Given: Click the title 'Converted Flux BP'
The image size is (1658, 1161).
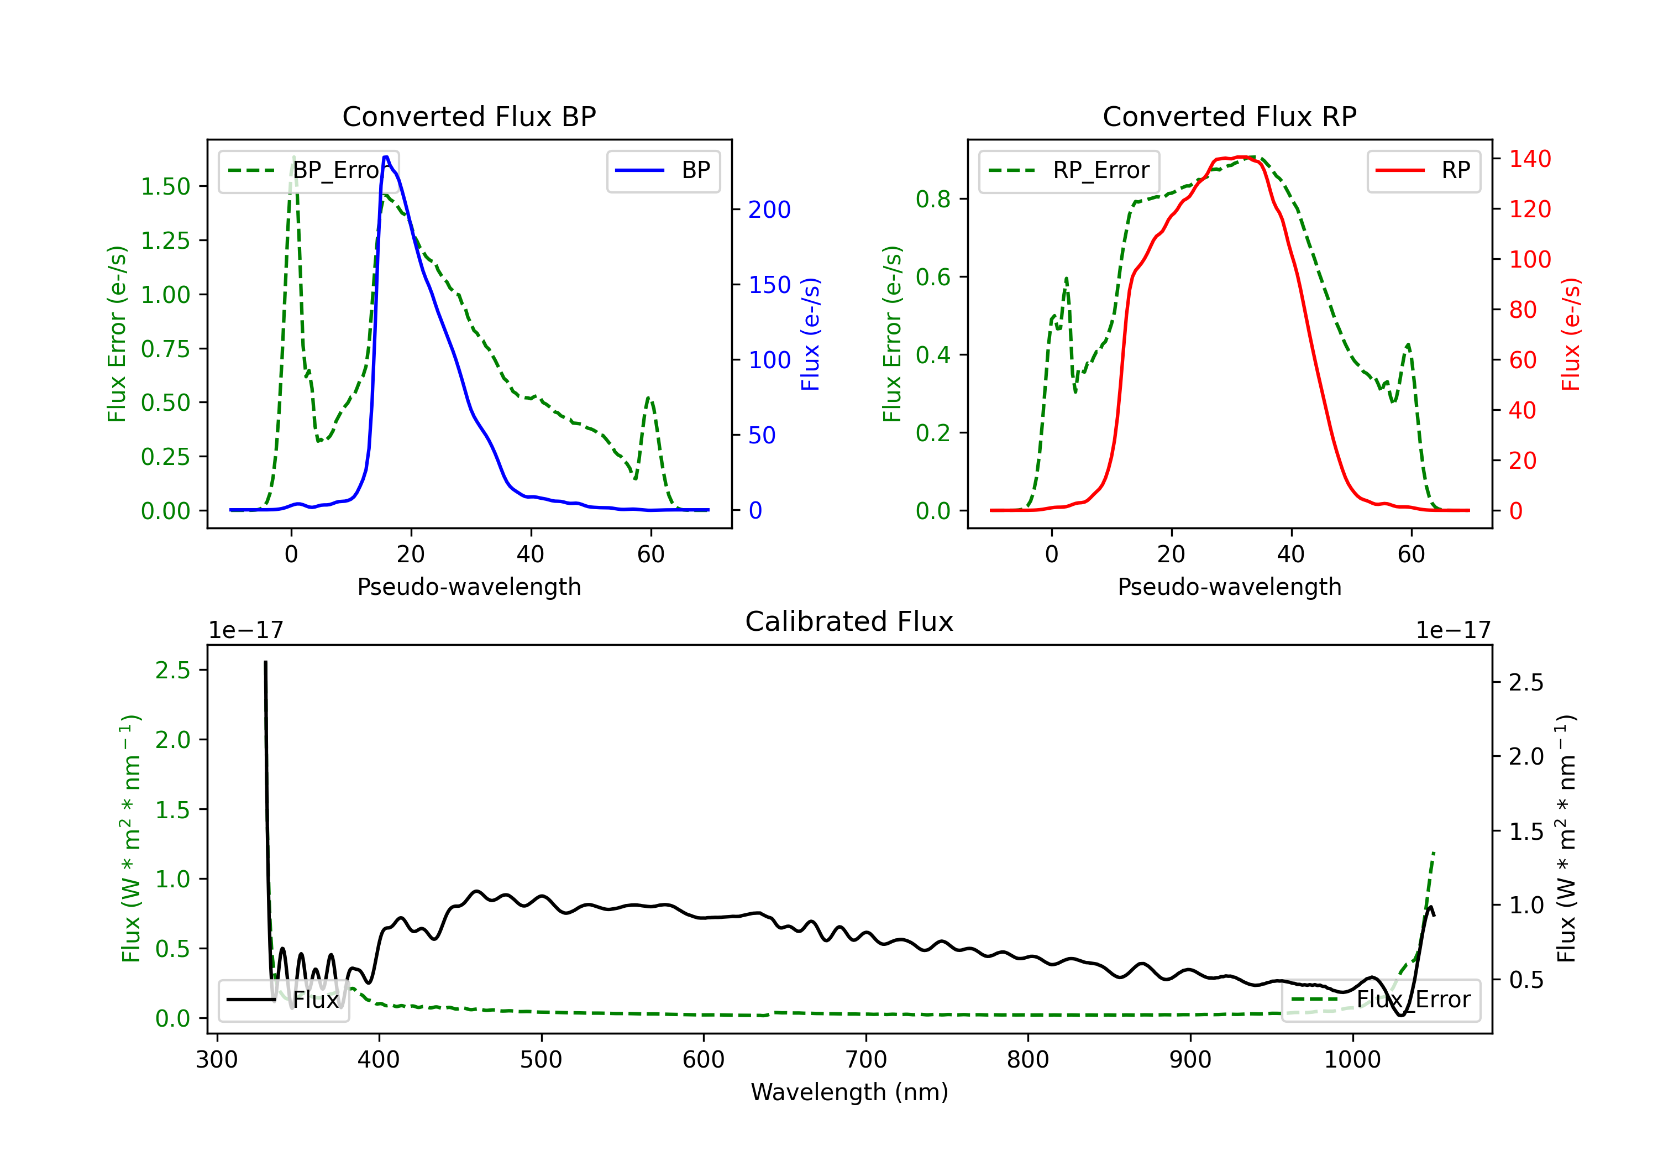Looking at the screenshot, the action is coord(469,116).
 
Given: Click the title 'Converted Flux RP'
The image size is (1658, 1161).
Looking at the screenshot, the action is coord(1229,116).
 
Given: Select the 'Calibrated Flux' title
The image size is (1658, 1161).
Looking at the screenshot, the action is coord(849,621).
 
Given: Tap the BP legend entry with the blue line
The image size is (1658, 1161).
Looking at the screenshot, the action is coord(663,170).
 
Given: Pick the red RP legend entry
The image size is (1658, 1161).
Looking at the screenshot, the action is coord(1423,170).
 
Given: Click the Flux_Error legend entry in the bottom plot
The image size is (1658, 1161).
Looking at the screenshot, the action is coord(1381,1000).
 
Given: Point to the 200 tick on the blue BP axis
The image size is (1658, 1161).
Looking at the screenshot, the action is coord(769,210).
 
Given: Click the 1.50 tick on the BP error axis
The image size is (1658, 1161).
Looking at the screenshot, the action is coord(165,186).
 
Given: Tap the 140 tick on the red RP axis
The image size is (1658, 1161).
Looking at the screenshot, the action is coord(1529,158).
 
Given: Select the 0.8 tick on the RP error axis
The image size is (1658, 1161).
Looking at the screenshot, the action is coord(933,198).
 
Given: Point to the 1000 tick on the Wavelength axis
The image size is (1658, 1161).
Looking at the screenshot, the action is coord(1352,1059).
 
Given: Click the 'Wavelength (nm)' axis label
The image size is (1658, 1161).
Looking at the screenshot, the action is coord(849,1092).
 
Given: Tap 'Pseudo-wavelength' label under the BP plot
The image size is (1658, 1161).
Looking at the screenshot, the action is coord(469,587).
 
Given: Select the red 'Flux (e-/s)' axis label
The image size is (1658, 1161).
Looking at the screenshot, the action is coord(1571,334).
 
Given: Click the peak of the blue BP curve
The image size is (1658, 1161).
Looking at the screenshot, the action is coord(386,157).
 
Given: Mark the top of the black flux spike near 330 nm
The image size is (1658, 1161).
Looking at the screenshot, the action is coord(265,662).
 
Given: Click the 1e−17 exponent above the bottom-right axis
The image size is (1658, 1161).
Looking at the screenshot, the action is coord(1453,630).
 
